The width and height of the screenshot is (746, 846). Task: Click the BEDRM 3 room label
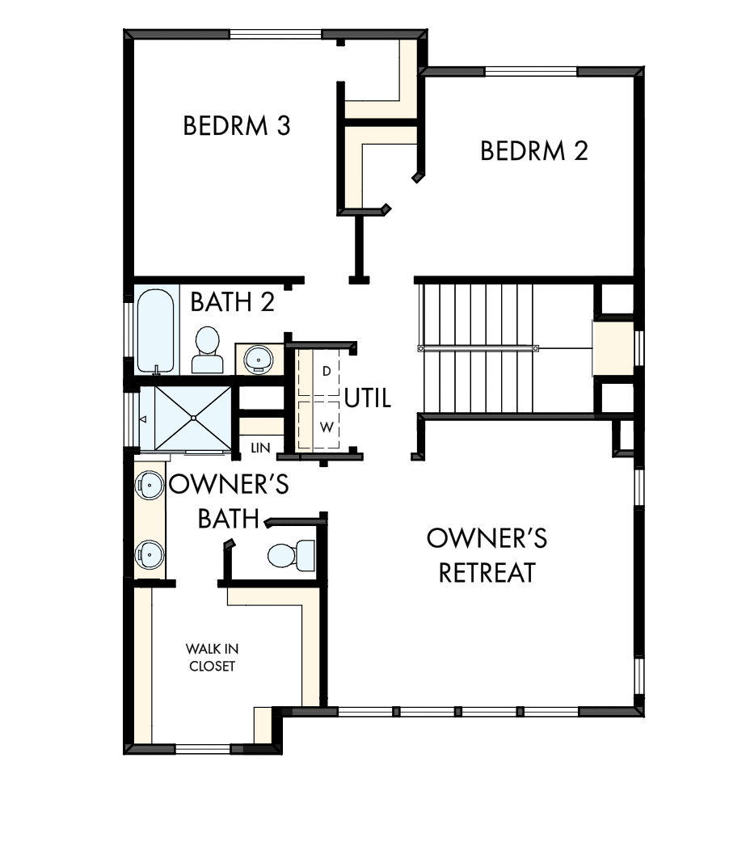tap(237, 127)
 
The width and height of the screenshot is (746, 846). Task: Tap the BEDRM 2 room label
tap(533, 151)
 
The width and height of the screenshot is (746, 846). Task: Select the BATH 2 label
tap(233, 302)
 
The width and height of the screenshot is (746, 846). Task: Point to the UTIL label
tap(368, 398)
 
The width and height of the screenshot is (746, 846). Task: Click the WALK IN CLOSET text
tap(211, 658)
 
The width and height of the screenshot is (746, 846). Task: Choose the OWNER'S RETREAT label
tap(487, 555)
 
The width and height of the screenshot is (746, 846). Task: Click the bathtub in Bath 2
tap(155, 330)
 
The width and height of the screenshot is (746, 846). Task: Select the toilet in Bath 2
tap(208, 350)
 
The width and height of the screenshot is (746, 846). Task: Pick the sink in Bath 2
tap(259, 357)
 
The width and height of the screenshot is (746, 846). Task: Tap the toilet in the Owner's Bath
tap(291, 553)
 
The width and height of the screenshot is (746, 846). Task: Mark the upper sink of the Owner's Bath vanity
tap(151, 484)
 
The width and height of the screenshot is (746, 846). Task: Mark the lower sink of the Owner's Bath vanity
tap(151, 553)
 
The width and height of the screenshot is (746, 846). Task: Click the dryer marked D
tap(318, 372)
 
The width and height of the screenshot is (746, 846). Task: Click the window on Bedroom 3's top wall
tap(276, 34)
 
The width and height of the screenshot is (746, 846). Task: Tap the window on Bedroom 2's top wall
tap(531, 71)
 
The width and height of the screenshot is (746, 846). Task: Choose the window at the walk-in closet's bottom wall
tap(203, 749)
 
